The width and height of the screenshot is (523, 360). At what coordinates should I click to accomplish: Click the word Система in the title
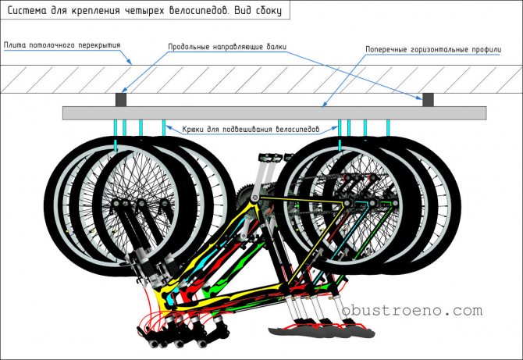(x=29, y=10)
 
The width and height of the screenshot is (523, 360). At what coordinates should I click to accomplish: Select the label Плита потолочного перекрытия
(x=62, y=45)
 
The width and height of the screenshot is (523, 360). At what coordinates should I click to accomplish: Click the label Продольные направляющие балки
(x=227, y=47)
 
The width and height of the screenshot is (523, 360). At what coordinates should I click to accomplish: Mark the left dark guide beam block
(x=121, y=100)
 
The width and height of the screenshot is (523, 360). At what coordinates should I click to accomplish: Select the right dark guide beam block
(x=428, y=100)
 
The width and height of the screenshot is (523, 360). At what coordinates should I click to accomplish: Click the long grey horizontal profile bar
(x=273, y=113)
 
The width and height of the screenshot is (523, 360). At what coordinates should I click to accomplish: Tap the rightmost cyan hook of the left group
(x=163, y=127)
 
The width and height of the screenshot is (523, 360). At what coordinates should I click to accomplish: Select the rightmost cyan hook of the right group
(x=388, y=127)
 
